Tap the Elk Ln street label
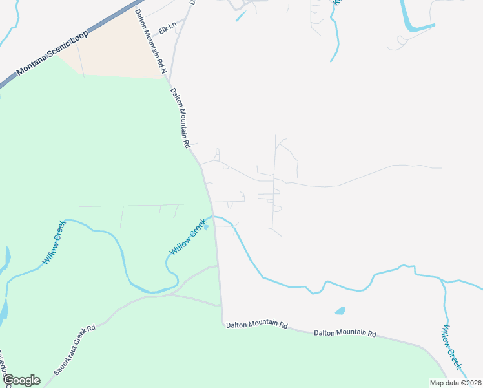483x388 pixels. pyautogui.click(x=167, y=29)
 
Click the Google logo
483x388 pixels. pyautogui.click(x=21, y=380)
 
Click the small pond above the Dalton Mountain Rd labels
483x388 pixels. pyautogui.click(x=340, y=310)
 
